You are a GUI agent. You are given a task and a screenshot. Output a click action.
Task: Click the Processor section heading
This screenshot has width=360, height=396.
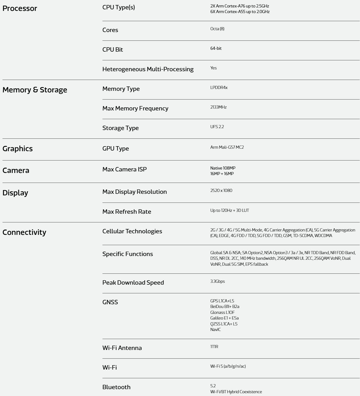point(20,8)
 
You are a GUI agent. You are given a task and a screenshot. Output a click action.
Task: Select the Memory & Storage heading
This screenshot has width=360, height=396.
point(35,90)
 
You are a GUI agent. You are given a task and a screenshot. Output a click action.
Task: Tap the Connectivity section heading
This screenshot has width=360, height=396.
point(24,232)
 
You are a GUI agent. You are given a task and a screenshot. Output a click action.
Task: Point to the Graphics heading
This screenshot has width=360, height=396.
point(17,149)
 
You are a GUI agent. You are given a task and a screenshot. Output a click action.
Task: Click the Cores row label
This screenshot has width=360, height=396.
point(110,30)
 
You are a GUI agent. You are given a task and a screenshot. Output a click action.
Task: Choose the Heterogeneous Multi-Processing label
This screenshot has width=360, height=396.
point(148,69)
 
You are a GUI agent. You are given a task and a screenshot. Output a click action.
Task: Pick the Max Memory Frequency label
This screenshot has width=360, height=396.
point(135,109)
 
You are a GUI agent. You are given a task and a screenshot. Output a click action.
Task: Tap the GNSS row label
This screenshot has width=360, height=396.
point(110,302)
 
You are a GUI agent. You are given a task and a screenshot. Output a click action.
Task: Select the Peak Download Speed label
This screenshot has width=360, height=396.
point(133,282)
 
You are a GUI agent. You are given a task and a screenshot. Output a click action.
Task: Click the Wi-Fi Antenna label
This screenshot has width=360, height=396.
point(122,348)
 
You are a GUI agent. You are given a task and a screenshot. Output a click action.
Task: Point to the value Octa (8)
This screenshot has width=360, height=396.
point(217,29)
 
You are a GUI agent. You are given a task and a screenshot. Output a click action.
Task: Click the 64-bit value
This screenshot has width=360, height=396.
point(216,49)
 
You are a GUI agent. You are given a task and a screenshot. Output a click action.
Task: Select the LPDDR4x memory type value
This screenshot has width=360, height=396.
point(219,88)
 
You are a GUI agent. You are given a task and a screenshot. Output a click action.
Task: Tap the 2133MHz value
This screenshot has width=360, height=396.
point(218,107)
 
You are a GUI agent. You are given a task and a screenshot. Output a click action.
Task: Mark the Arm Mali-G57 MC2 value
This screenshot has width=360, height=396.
point(227,147)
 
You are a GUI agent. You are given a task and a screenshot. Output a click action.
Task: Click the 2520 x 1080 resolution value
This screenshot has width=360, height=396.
point(221,191)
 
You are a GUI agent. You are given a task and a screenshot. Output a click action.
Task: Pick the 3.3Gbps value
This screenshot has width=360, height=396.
point(217,282)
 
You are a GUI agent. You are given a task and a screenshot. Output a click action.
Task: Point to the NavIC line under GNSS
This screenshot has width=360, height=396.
point(216,330)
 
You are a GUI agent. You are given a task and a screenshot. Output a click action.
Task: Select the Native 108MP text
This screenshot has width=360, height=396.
point(223,168)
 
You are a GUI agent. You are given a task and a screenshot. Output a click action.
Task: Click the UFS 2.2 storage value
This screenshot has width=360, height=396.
point(217,127)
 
